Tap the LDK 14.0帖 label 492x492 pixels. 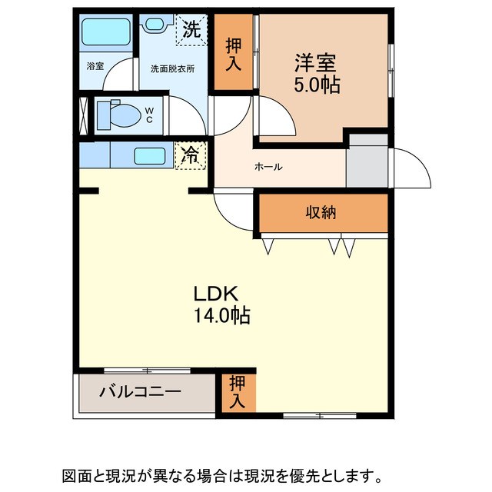221,304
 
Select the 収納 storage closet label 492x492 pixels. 322,213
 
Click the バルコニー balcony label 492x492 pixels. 140,392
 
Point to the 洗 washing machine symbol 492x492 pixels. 191,31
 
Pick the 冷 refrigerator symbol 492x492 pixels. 190,155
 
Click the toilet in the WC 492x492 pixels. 119,115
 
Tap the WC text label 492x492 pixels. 151,115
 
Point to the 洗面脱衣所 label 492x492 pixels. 172,68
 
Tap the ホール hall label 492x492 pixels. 268,167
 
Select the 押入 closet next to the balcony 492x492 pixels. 236,392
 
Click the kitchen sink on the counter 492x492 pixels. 150,155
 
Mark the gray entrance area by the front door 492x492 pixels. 367,162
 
